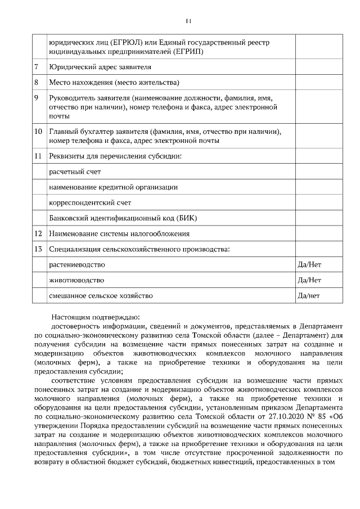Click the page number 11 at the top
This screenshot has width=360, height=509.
(x=188, y=21)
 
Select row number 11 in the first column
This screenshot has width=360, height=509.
(x=38, y=156)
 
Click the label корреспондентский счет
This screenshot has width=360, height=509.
(x=85, y=202)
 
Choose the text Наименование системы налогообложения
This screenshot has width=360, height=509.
(x=119, y=233)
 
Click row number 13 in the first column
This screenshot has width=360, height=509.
(x=38, y=249)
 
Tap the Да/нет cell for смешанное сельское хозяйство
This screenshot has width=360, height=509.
(x=309, y=295)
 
